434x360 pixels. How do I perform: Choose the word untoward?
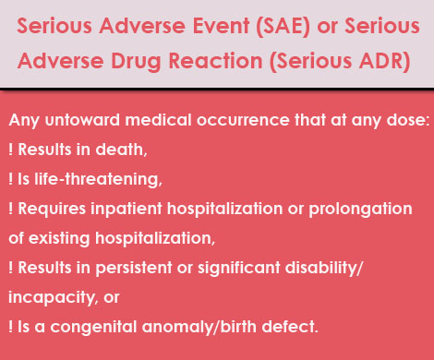pos(79,124)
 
